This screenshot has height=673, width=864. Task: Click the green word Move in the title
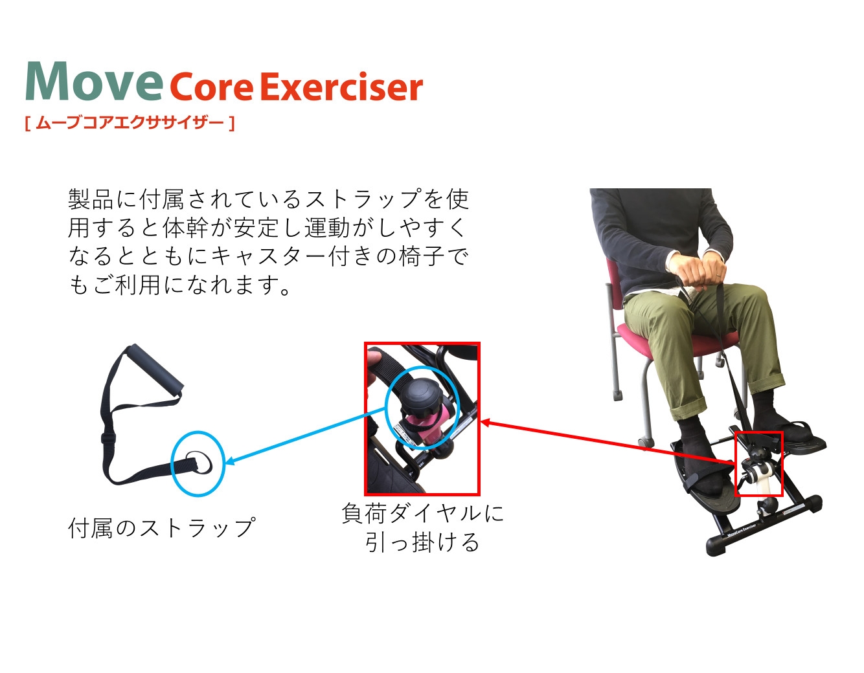point(94,81)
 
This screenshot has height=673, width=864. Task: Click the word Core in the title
point(212,87)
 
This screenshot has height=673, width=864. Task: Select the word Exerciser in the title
point(343,86)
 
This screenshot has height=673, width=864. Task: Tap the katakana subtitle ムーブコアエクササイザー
point(130,123)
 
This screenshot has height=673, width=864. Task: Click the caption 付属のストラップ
point(161,527)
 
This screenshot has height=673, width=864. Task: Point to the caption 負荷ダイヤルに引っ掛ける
point(422,527)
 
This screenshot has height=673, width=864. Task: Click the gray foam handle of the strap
point(154,371)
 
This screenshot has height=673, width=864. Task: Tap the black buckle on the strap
point(108,438)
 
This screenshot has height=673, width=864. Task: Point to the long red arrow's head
point(485,423)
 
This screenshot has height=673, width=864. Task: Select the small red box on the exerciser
point(758,463)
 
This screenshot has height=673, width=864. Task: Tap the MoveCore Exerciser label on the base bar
point(742,531)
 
